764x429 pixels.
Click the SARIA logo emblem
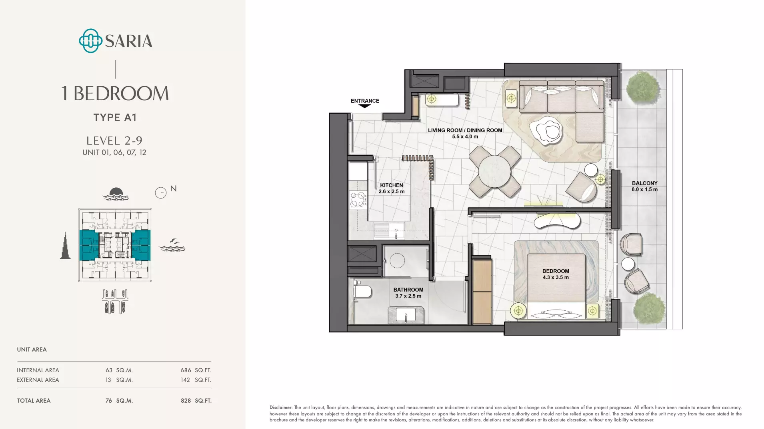(90, 41)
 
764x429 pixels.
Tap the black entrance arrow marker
(365, 106)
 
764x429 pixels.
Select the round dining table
(494, 171)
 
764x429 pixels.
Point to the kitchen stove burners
(358, 200)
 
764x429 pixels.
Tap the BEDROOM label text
(556, 271)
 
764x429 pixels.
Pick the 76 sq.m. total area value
(119, 401)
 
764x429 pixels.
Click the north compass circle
(160, 193)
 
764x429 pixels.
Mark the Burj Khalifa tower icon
(65, 245)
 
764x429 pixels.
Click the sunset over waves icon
(115, 194)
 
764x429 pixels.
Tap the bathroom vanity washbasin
(406, 315)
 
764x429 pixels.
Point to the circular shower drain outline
(397, 261)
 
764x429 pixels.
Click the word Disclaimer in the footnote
(281, 407)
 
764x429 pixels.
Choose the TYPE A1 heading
(115, 117)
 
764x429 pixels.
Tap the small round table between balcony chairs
(628, 264)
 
